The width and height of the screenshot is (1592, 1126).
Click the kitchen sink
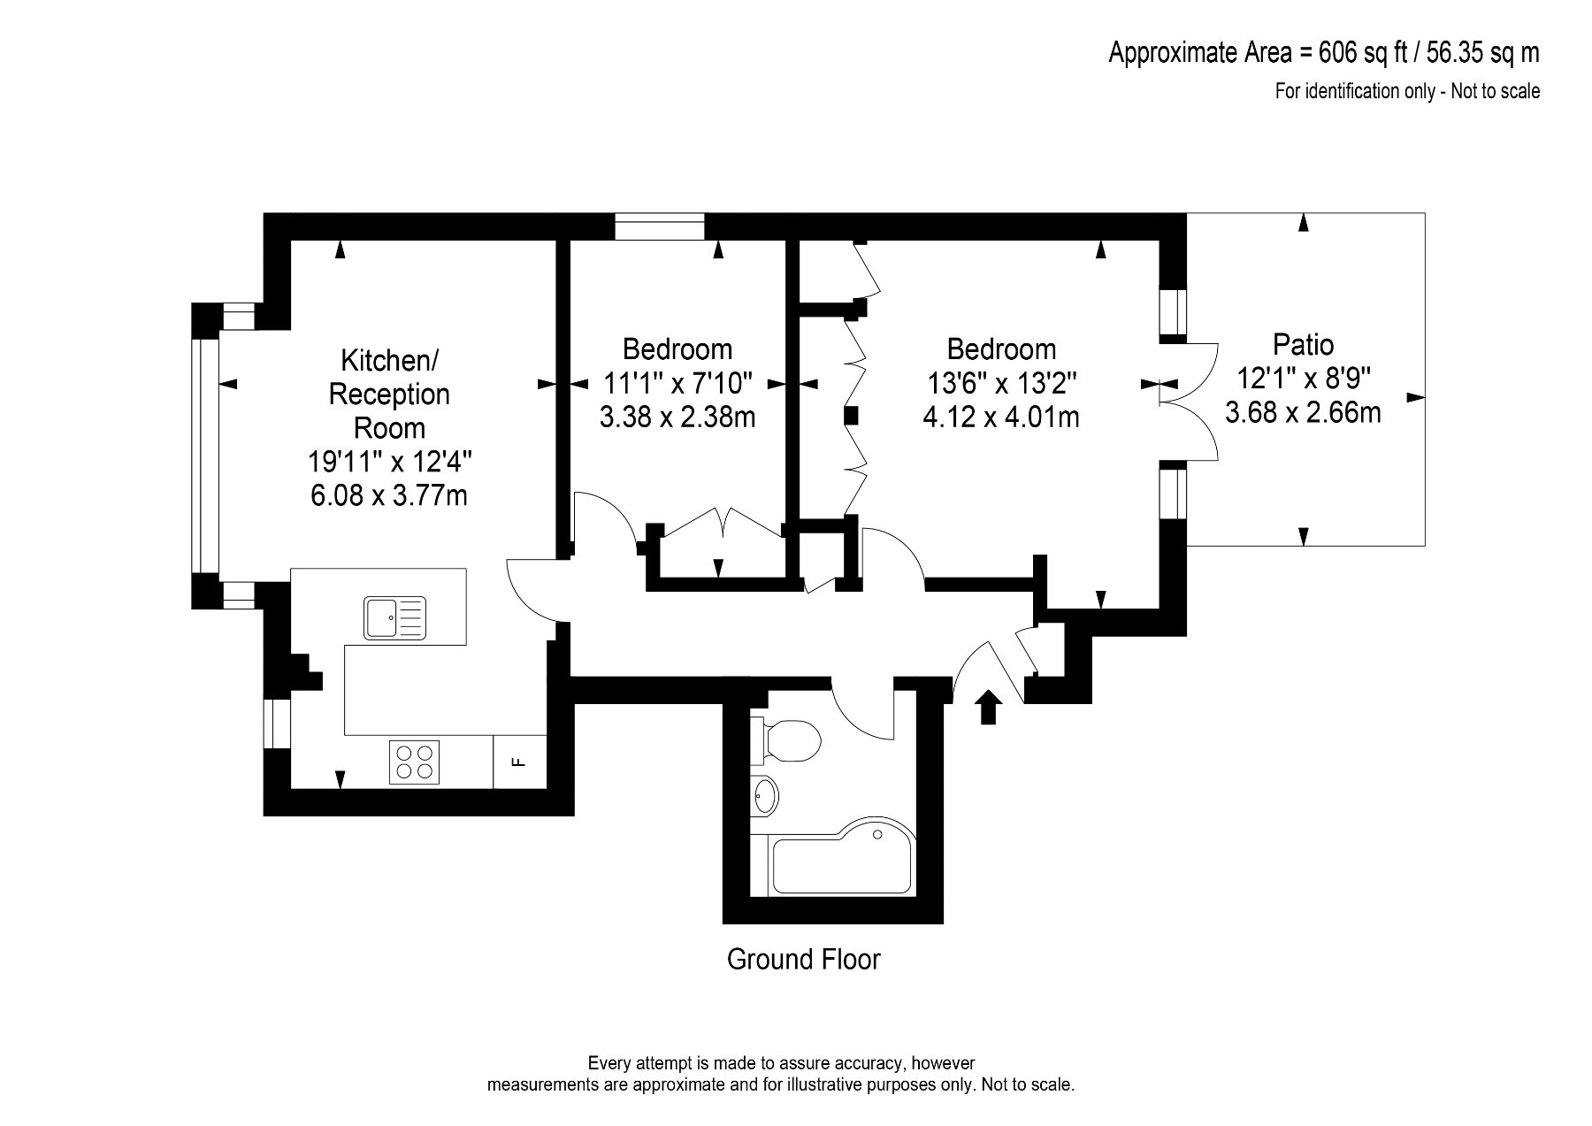pos(394,617)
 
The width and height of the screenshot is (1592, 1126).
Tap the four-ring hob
pos(414,761)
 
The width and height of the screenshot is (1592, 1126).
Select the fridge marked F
pos(520,761)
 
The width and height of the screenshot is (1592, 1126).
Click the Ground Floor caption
pos(803,959)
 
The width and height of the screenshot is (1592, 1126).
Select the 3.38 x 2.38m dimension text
pos(677,417)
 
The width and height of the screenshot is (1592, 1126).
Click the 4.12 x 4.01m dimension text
pos(1001,417)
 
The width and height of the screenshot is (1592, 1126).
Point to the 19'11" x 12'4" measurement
pos(389,462)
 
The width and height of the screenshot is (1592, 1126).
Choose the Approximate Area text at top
pos(1324,53)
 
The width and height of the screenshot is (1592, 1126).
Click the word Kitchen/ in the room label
pos(389,360)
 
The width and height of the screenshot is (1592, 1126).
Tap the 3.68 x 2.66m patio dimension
pos(1303,412)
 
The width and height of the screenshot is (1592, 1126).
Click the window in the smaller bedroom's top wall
pos(660,226)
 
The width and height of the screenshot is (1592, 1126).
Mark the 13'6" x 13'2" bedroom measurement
pos(1001,383)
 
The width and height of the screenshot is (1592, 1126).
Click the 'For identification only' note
pos(1406,90)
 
